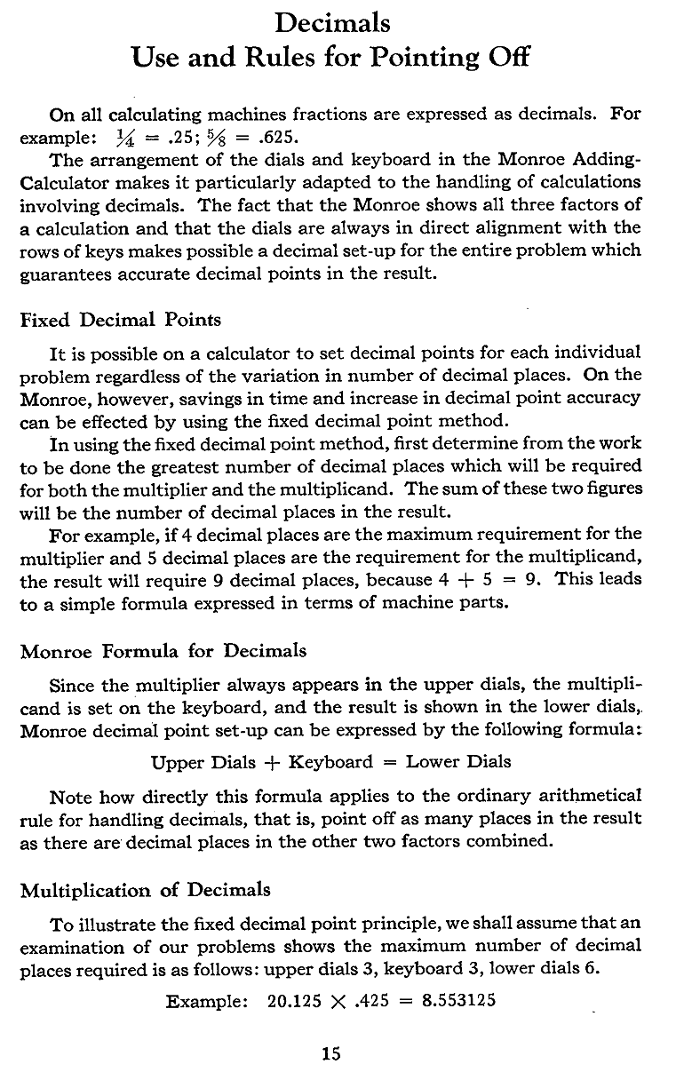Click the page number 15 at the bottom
(331, 1054)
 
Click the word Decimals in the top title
(332, 21)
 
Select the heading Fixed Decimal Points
(121, 319)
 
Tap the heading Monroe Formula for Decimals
(163, 651)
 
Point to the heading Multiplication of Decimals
(146, 889)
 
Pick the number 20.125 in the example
(293, 1000)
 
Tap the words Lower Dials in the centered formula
(458, 761)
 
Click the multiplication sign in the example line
(337, 1001)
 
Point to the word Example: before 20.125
(205, 1000)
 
